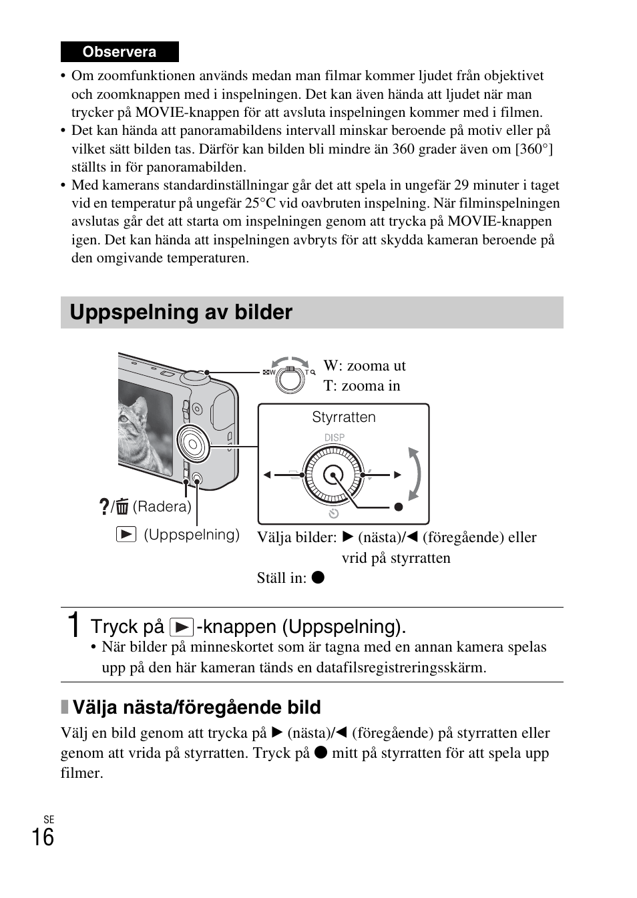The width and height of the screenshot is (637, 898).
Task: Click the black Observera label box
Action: point(120,52)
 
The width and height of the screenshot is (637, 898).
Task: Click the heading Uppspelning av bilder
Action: point(181,312)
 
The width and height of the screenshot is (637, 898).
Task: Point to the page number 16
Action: point(43,837)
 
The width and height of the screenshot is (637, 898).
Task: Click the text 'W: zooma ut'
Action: point(365,365)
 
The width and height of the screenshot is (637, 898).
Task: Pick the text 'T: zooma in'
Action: point(362,386)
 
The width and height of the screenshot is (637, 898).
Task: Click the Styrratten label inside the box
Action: point(344,417)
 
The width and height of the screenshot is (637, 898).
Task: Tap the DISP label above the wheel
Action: point(335,437)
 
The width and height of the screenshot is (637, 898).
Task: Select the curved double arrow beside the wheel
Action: point(415,474)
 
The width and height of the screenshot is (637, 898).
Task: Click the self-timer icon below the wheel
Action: point(334,513)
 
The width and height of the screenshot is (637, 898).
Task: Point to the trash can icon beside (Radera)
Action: point(122,507)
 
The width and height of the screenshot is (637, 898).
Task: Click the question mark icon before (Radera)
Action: point(103,507)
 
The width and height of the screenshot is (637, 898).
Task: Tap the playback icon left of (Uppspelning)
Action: point(126,534)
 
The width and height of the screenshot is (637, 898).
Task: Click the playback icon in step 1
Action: point(181,627)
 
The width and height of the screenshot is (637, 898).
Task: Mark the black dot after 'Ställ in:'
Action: point(318,578)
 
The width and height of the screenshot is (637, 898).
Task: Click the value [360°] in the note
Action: point(534,149)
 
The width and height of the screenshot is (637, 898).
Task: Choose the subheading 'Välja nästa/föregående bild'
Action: point(196,707)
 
